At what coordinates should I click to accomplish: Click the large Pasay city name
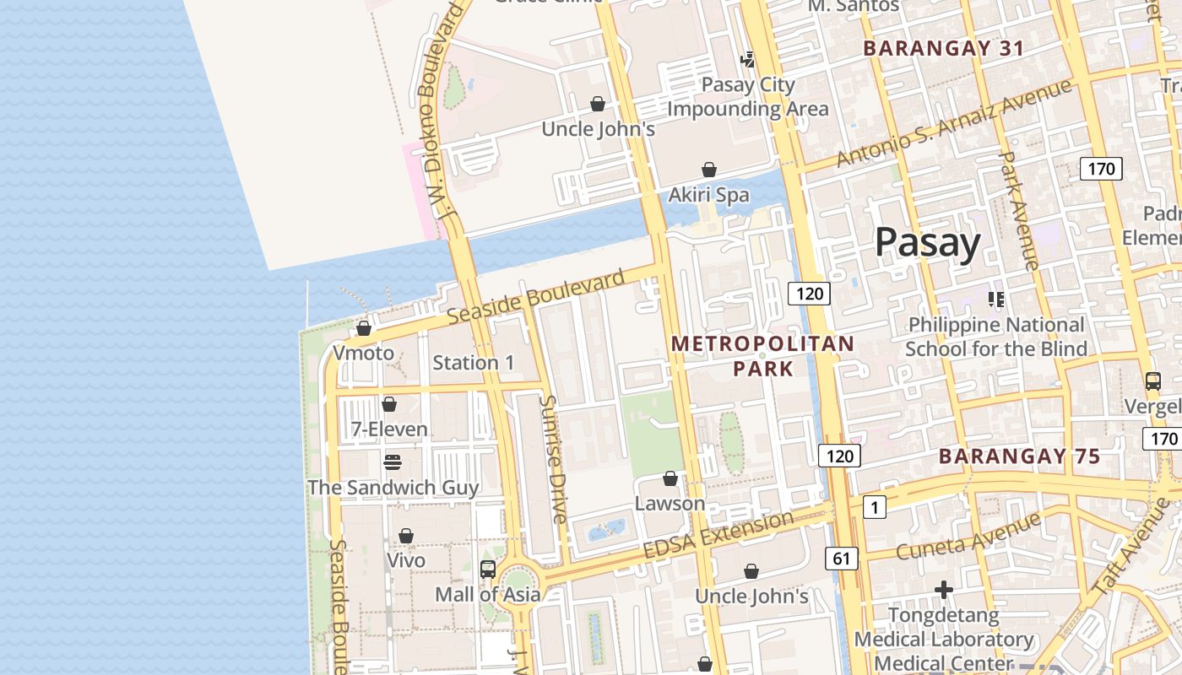pos(927,242)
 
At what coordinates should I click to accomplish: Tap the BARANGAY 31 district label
pos(944,48)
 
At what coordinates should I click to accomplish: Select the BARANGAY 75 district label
pos(1019,456)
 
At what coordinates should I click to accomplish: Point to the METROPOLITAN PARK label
pos(763,356)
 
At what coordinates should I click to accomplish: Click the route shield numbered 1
pos(874,507)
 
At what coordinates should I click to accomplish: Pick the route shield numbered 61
pos(841,558)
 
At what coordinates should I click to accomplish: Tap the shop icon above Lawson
pos(670,479)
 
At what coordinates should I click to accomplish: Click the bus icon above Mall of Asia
pos(488,570)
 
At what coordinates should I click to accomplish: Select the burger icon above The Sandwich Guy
pos(392,462)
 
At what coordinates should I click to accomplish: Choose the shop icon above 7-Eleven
pos(389,405)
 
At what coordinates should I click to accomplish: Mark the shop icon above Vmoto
pos(364,328)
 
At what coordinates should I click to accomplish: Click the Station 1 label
pos(473,363)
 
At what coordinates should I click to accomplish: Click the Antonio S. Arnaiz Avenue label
pos(953,123)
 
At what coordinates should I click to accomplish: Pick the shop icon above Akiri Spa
pos(709,170)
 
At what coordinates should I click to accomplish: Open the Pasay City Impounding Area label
pos(748,97)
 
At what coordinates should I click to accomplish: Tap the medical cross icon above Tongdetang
pos(944,590)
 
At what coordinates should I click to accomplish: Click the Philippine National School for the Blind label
pos(996,337)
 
